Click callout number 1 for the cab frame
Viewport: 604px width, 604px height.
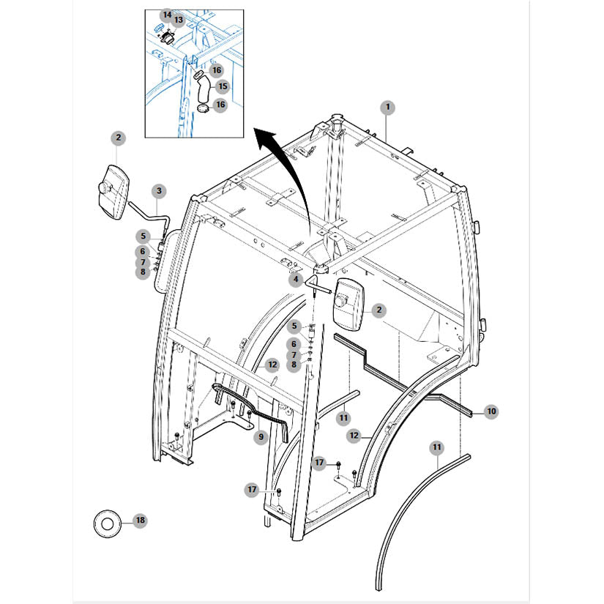[x=387, y=107]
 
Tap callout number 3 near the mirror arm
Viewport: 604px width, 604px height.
[x=159, y=190]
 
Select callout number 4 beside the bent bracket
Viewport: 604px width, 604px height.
[x=296, y=279]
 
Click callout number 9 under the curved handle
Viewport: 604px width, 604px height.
[x=261, y=437]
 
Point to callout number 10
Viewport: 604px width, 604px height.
[x=491, y=411]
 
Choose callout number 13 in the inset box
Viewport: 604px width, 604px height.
[x=179, y=20]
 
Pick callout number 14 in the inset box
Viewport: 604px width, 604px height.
[x=167, y=15]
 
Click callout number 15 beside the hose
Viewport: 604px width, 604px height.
[x=223, y=86]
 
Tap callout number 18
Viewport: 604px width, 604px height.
[x=141, y=520]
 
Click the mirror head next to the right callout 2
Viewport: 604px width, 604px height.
[x=348, y=305]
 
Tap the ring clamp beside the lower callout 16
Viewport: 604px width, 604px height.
[x=203, y=109]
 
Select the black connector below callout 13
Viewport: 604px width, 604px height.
[x=168, y=38]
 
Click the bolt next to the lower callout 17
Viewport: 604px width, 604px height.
[x=279, y=493]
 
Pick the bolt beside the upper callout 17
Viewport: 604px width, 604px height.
[x=338, y=464]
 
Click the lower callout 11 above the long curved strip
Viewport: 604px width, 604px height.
[x=436, y=447]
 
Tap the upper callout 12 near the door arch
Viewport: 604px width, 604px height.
[x=272, y=365]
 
